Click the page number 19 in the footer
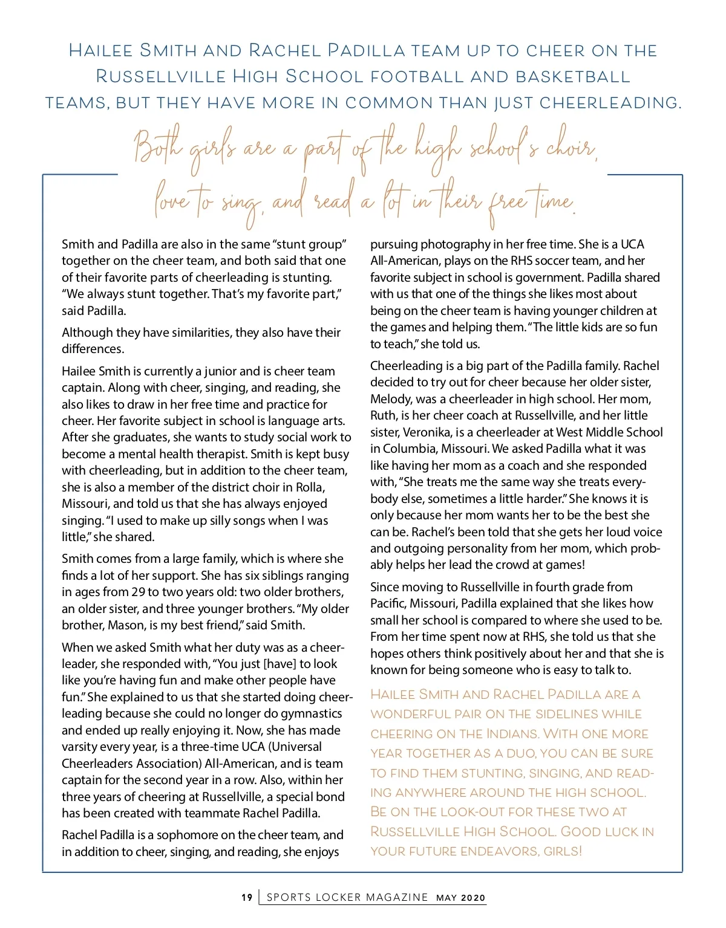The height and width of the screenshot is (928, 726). click(247, 898)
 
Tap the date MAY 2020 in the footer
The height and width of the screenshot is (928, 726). click(461, 898)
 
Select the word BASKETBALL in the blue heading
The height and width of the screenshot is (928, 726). click(573, 77)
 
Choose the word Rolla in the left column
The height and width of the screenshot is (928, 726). click(309, 487)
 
